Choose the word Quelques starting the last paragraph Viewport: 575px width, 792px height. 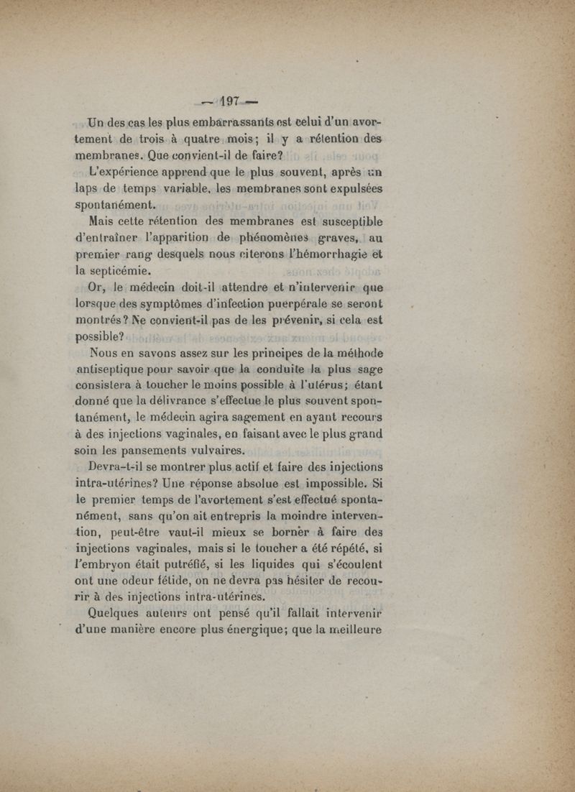pyautogui.click(x=118, y=614)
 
